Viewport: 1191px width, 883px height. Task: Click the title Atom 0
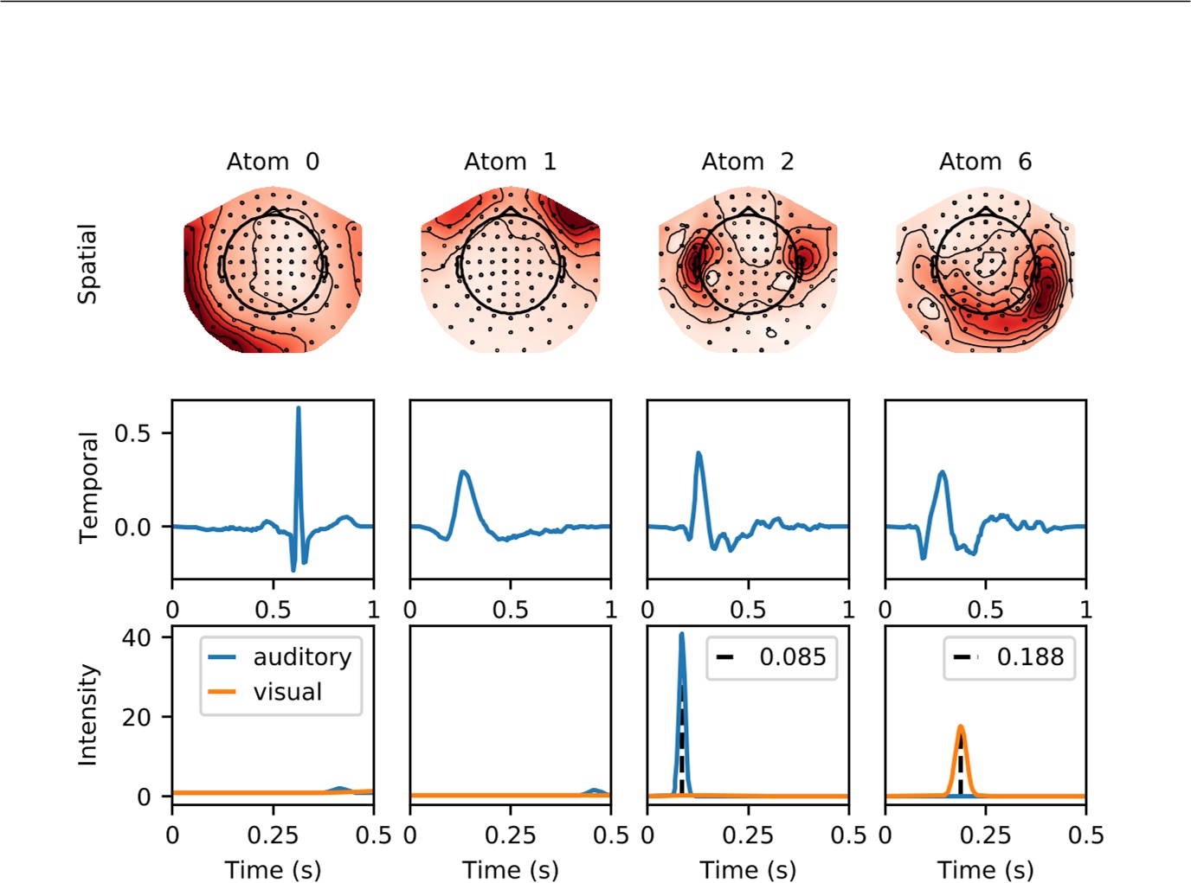[273, 162]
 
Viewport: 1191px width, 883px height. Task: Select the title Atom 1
[510, 162]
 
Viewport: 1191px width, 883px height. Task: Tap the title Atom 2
[747, 162]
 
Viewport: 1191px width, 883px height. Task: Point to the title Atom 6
[985, 162]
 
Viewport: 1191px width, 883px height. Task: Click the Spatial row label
[87, 264]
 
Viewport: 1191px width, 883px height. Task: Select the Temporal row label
[88, 488]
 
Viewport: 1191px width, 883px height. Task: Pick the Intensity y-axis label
[88, 714]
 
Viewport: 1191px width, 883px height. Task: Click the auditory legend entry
[301, 657]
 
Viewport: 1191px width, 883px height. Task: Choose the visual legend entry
[287, 692]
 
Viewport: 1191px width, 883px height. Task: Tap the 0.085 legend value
[792, 657]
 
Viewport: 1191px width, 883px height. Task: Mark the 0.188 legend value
[1029, 657]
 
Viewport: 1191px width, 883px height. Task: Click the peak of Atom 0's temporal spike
[299, 408]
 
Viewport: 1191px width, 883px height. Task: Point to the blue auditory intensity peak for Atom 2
[682, 635]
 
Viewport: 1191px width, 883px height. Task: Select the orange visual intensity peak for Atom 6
[961, 727]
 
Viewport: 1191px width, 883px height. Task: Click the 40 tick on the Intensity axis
[136, 638]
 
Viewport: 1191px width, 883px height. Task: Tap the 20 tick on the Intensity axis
[136, 717]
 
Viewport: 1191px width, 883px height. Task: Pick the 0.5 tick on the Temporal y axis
[132, 433]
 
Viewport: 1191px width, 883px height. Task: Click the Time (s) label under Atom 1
[510, 869]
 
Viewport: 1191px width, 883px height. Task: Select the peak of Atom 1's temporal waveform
[464, 472]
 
